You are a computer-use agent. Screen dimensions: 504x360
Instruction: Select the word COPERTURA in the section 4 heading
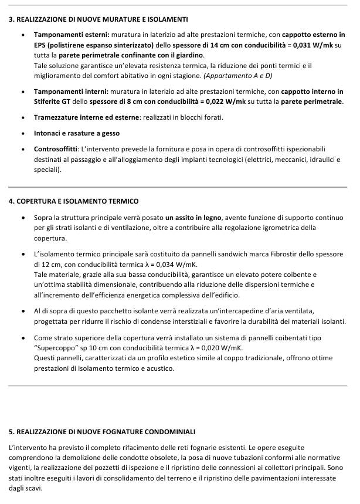[x=38, y=201]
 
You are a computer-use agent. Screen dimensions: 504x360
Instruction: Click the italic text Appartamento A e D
[x=238, y=76]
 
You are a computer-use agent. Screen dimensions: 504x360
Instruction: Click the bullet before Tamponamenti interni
[x=22, y=92]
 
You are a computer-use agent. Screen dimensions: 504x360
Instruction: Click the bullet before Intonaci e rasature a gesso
[x=22, y=133]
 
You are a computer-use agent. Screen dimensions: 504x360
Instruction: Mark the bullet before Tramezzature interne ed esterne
[x=22, y=117]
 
